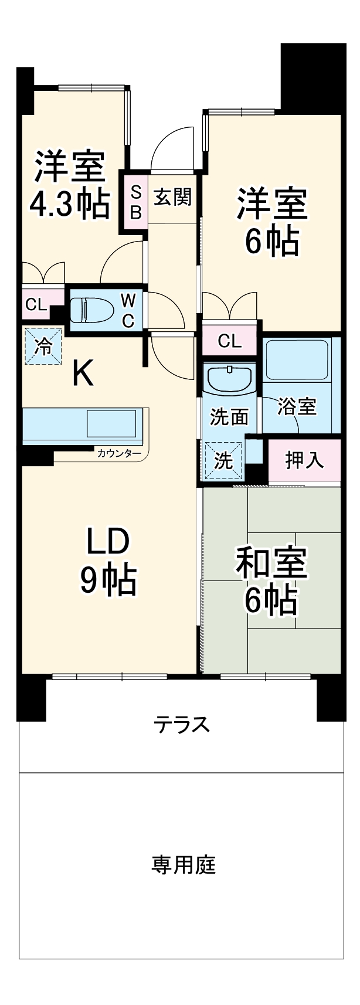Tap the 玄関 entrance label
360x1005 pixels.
pyautogui.click(x=172, y=197)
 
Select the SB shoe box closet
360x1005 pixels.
pyautogui.click(x=135, y=202)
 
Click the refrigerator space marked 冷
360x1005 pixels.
pyautogui.click(x=43, y=346)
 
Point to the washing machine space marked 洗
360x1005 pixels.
pyautogui.click(x=223, y=460)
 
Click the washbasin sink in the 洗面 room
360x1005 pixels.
pyautogui.click(x=229, y=379)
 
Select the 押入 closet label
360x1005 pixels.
pyautogui.click(x=304, y=460)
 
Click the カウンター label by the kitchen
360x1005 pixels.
pyautogui.click(x=119, y=453)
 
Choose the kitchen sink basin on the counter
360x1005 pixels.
pyautogui.click(x=112, y=422)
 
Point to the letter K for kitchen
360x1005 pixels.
pyautogui.click(x=83, y=374)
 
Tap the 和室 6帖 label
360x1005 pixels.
pyautogui.click(x=271, y=581)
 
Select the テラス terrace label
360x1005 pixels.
pyautogui.click(x=181, y=725)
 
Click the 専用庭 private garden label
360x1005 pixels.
pyautogui.click(x=184, y=865)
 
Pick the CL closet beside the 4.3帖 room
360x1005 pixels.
pyautogui.click(x=36, y=304)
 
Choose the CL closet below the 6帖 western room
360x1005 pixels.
pyautogui.click(x=229, y=341)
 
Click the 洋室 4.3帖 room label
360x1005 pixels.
pyautogui.click(x=70, y=185)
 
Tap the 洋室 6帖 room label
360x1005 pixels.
pyautogui.click(x=271, y=221)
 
